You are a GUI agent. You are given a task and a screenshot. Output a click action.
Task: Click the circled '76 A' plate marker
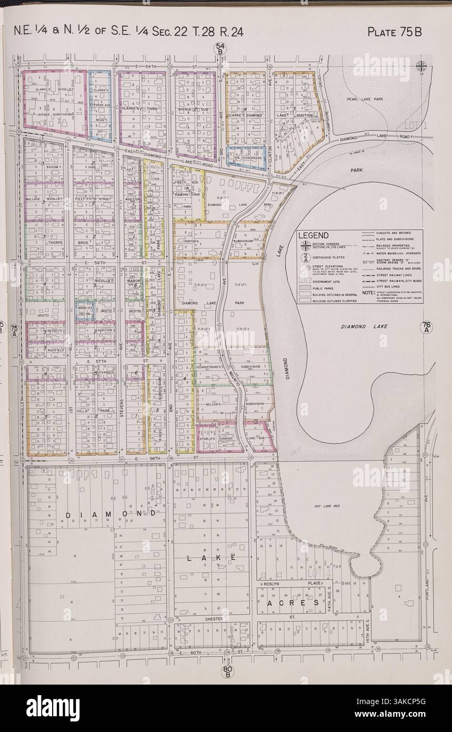(x=426, y=327)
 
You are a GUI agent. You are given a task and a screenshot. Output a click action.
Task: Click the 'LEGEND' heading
(x=314, y=235)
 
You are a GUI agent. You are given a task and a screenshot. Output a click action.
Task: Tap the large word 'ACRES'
(x=288, y=602)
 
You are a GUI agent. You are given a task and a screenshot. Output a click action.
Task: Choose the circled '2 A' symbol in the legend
(x=305, y=258)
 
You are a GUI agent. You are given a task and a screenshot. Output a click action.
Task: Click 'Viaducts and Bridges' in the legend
(x=393, y=232)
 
